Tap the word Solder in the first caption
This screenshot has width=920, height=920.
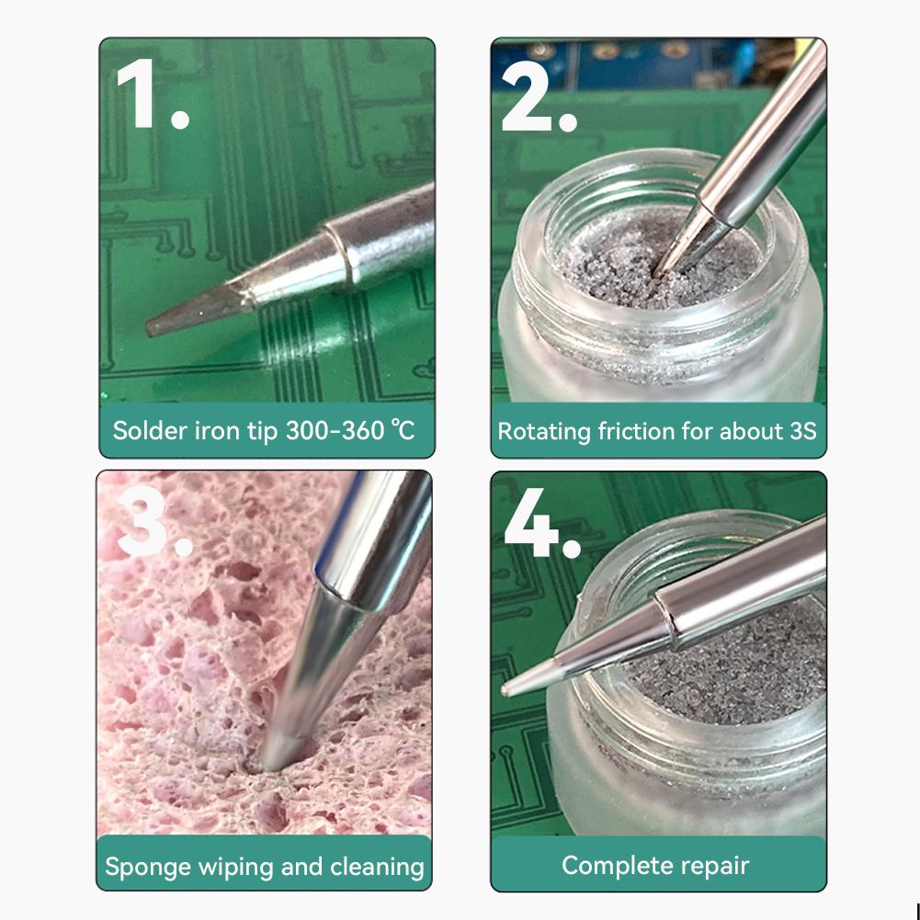pos(142,430)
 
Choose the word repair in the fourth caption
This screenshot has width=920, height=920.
pos(715,865)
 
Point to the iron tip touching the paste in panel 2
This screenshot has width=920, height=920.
pos(664,267)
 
